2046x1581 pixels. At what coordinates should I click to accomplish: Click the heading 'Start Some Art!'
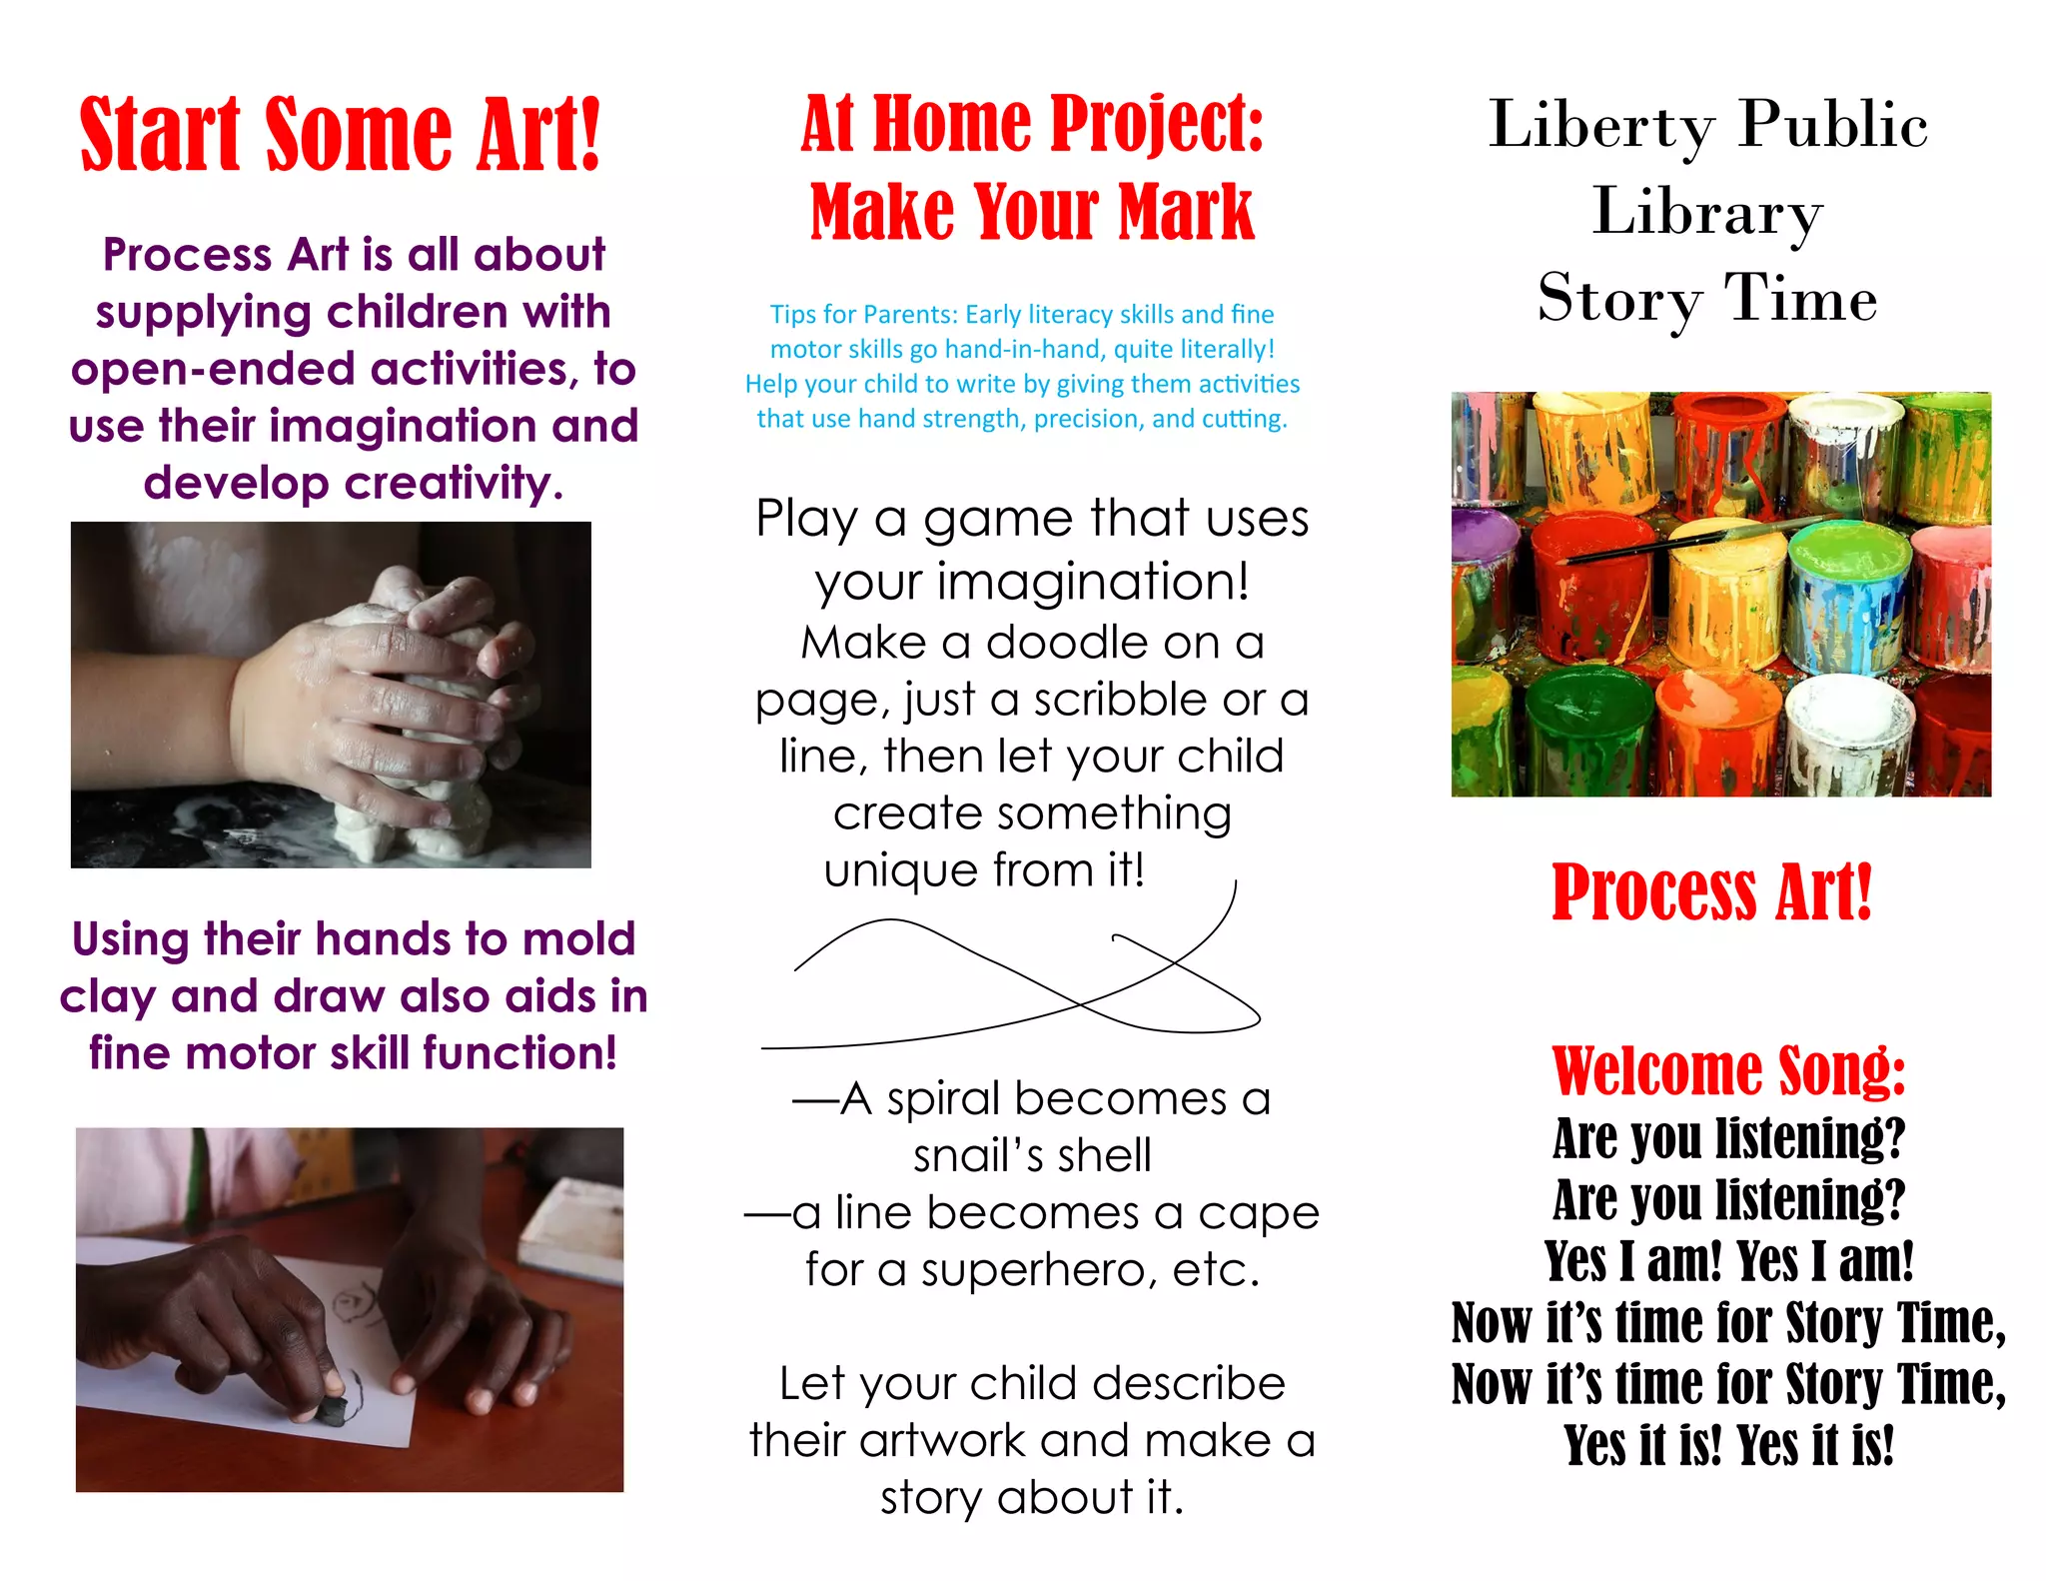(x=340, y=134)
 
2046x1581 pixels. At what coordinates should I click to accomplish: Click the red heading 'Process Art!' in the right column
(x=1711, y=892)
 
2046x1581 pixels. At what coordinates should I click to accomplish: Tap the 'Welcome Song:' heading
(x=1728, y=1071)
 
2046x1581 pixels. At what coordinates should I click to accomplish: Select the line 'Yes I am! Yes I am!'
(x=1728, y=1261)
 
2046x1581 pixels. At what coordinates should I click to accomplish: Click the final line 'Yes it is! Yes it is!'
(x=1728, y=1445)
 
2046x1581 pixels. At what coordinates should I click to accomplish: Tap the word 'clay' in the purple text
(x=106, y=997)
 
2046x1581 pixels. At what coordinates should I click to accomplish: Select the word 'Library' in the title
(x=1707, y=212)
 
